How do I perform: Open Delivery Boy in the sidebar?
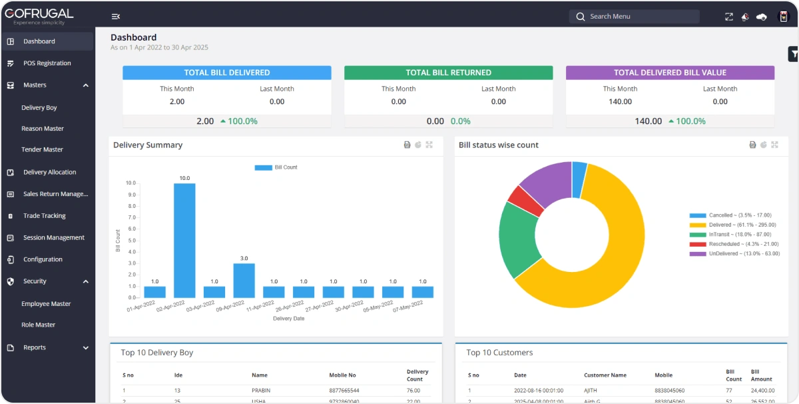click(x=39, y=108)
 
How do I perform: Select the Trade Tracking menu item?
click(x=44, y=216)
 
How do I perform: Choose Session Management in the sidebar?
click(x=53, y=238)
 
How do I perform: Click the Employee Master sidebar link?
click(x=46, y=304)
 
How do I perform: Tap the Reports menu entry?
click(x=35, y=347)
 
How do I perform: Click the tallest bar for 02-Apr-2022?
click(x=184, y=240)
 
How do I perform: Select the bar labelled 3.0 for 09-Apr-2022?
click(x=244, y=280)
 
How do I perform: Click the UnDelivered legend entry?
click(x=732, y=254)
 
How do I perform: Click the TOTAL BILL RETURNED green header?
click(x=448, y=73)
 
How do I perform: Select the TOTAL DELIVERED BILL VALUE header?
click(x=670, y=73)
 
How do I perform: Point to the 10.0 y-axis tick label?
click(x=131, y=183)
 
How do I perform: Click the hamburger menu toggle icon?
click(x=116, y=17)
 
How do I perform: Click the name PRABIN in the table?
click(x=261, y=390)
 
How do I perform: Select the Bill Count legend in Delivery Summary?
click(x=276, y=167)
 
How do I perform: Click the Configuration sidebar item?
click(x=43, y=260)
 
